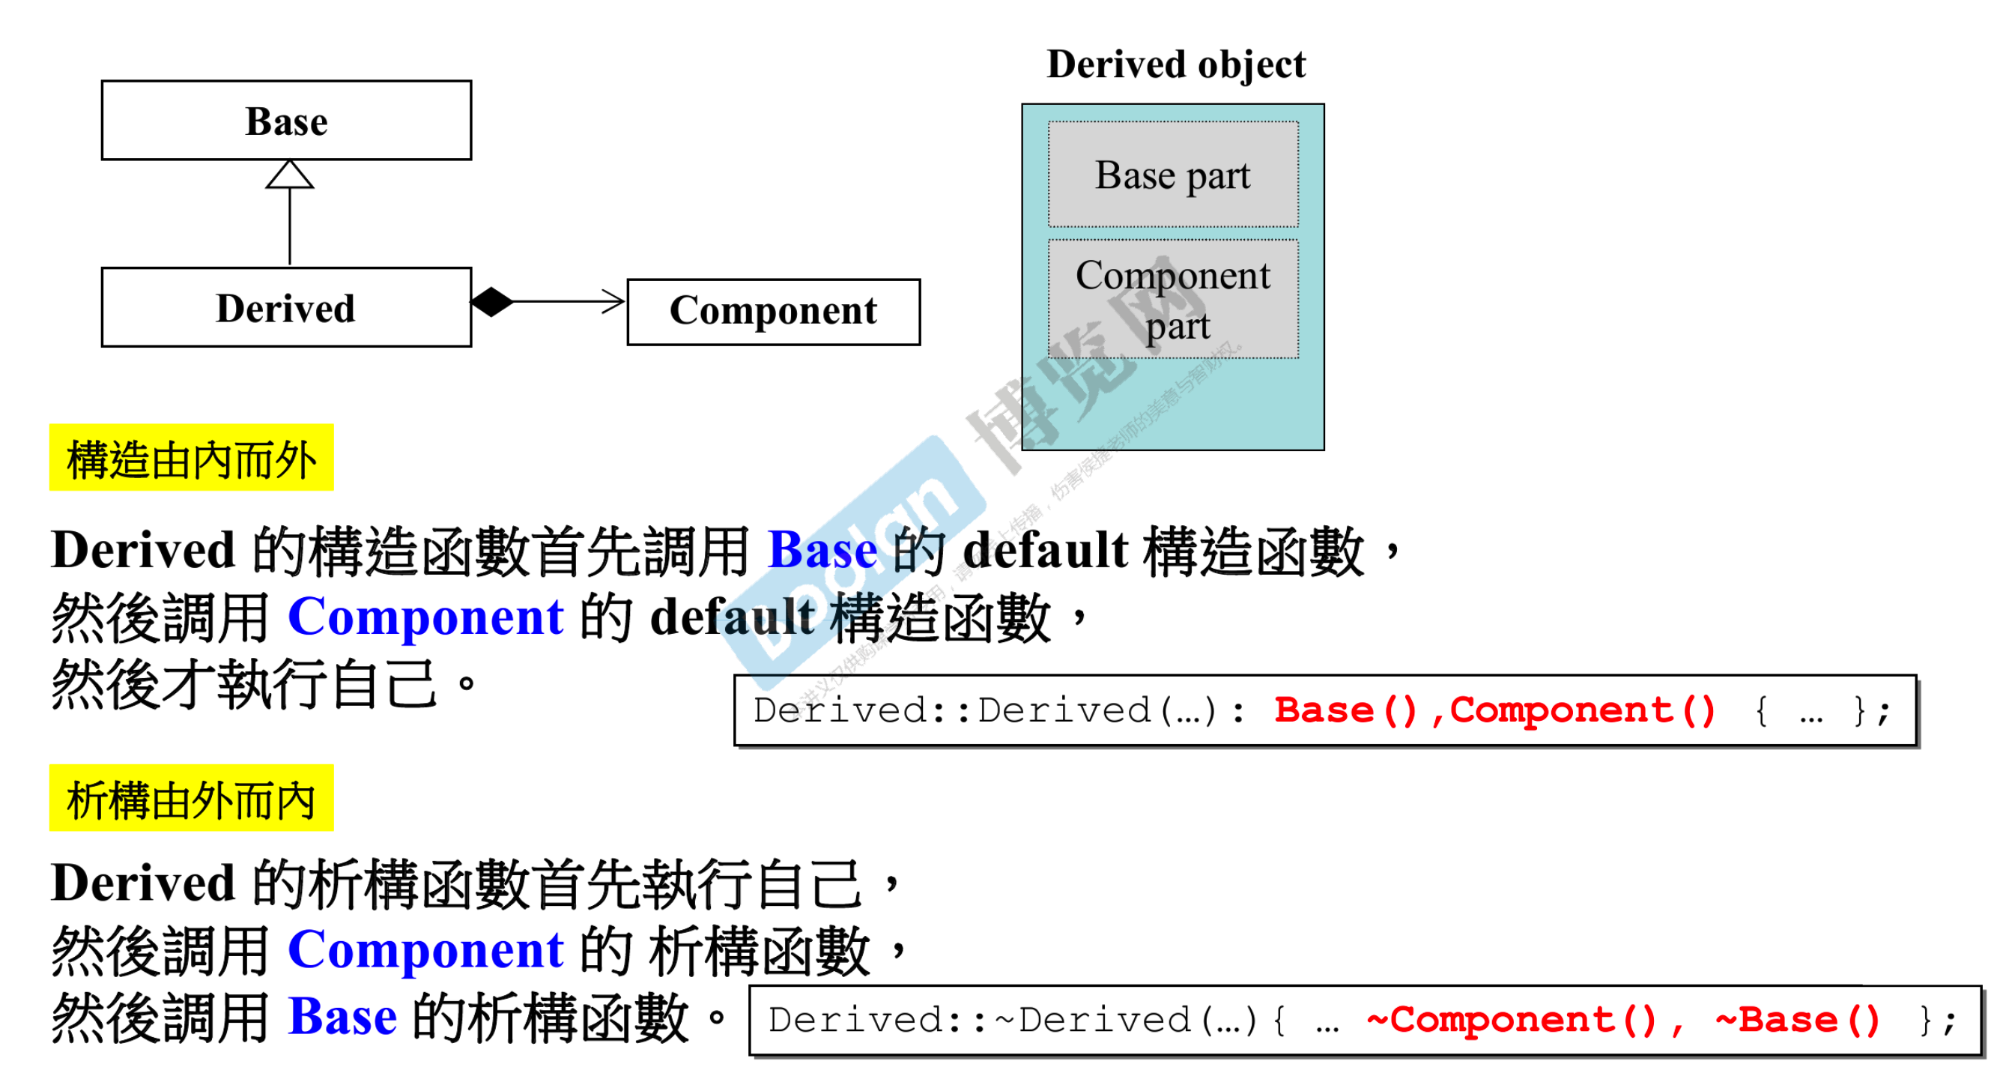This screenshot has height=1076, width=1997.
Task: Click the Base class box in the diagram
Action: pos(286,121)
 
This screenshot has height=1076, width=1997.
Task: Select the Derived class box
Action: pos(286,308)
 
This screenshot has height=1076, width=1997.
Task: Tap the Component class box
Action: pos(773,312)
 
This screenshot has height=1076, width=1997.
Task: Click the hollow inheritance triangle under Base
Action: pos(290,175)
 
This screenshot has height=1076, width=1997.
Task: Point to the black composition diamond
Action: pos(492,301)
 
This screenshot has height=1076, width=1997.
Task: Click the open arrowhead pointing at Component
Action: pos(613,301)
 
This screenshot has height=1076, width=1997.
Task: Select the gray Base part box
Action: pos(1172,175)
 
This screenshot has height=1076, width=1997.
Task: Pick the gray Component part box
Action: pos(1172,299)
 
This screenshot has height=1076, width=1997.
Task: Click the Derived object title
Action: pos(1175,64)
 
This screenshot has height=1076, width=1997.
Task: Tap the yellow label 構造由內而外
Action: pos(192,458)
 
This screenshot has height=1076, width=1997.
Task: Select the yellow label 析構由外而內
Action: pos(192,799)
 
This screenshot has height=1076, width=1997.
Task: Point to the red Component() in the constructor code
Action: pos(1582,711)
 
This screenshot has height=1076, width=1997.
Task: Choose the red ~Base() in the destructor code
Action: pos(1797,1021)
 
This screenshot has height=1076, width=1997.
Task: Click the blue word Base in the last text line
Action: pos(342,1016)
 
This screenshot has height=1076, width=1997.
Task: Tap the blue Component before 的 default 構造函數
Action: pos(425,617)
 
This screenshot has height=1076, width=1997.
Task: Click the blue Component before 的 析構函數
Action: pos(425,949)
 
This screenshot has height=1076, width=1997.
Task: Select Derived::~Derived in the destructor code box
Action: pos(979,1021)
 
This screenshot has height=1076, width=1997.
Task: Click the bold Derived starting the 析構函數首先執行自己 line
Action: pos(143,883)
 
